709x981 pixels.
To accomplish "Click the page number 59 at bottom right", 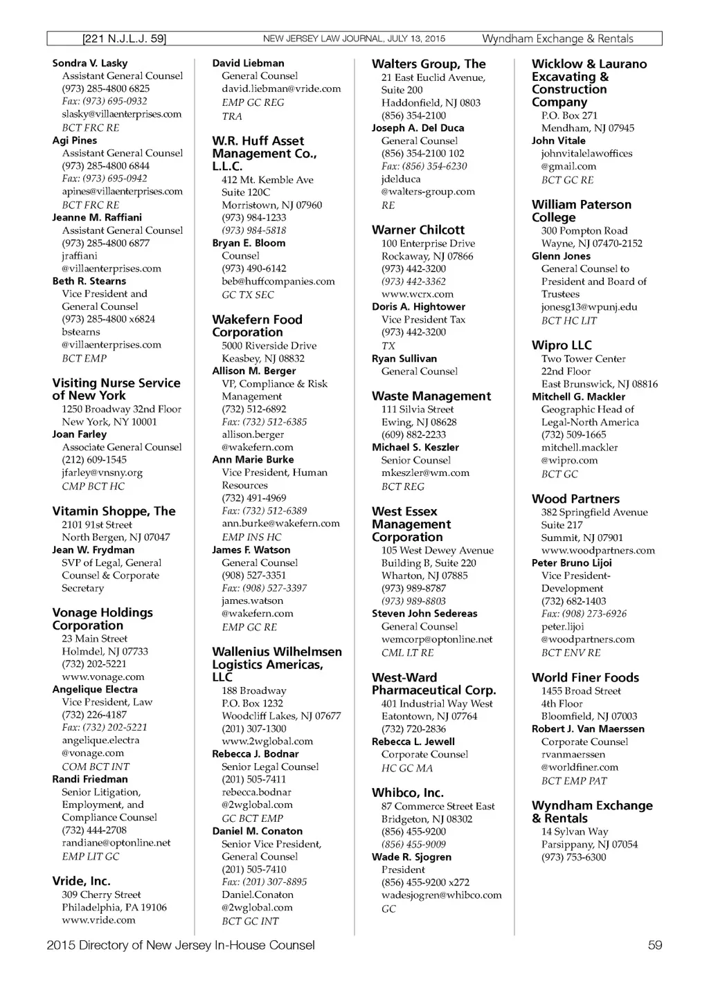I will pos(654,945).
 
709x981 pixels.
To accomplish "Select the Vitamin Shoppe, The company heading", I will pos(114,511).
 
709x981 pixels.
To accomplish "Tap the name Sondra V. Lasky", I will pos(90,63).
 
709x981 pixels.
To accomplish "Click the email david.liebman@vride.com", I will pos(281,89).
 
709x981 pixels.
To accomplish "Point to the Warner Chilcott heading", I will pos(418,230).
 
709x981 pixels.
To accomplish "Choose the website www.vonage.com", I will pos(103,677).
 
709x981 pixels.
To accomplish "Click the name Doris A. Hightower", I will pos(418,306).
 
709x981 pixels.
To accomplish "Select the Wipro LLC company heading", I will pos(562,345).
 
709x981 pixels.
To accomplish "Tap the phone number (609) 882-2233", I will pos(413,434).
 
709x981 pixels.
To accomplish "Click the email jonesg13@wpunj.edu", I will pos(589,306).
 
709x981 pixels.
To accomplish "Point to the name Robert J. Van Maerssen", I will pos(588,728).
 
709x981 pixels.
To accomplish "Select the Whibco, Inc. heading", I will pos(408,793).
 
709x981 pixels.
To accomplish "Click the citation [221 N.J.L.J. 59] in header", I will pos(124,39).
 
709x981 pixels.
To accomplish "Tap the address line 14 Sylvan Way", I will pos(575,832).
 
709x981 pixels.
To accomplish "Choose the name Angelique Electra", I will pos(95,689).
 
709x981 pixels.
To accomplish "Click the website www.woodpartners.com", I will pos(598,550).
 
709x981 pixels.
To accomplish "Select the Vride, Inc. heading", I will pos(81,881).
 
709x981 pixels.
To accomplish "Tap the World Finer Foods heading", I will pos(585,677).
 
